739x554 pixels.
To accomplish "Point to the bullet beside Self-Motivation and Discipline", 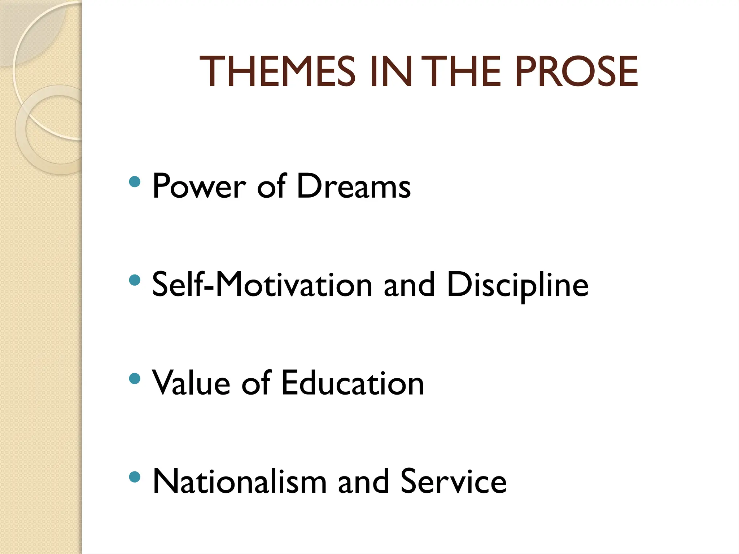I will click(134, 280).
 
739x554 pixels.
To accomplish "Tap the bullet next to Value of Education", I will click(134, 378).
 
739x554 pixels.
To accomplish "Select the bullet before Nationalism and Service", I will click(134, 477).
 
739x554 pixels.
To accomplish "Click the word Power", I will click(199, 186).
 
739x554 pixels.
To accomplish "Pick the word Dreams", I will click(353, 186).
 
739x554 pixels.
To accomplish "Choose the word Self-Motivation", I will click(262, 285).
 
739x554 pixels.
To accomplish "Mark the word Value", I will click(191, 383).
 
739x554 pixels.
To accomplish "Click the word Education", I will click(352, 383).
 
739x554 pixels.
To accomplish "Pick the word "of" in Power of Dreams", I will click(271, 186).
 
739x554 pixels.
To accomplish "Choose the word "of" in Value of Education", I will click(256, 383).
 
